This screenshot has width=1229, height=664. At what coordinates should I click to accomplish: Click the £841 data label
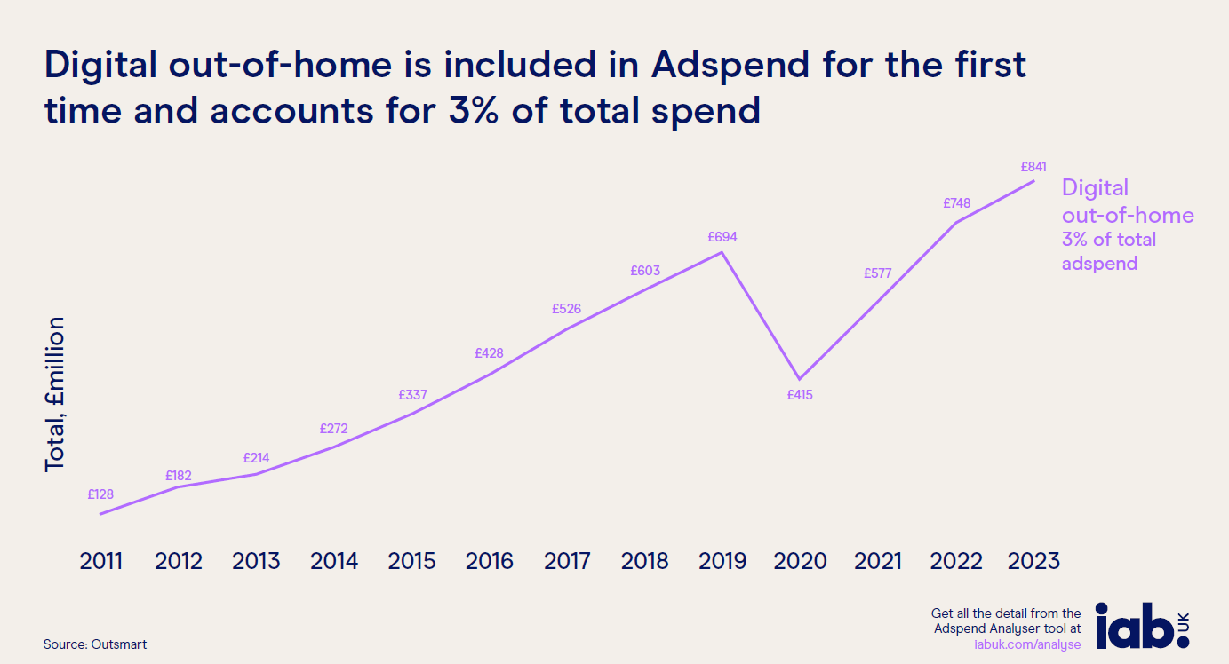1033,166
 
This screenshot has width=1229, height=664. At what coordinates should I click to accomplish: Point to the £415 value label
800,395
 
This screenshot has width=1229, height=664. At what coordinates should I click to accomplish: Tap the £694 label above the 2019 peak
722,237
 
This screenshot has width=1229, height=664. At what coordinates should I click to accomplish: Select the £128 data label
100,494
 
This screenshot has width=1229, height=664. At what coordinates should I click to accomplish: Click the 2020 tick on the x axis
800,561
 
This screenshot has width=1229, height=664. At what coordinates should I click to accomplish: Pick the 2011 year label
100,561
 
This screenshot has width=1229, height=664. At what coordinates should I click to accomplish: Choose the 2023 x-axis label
1033,561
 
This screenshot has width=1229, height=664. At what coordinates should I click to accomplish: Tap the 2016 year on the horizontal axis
490,561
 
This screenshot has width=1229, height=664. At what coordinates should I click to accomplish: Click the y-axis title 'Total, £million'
55,393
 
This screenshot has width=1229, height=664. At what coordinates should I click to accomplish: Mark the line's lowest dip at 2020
800,379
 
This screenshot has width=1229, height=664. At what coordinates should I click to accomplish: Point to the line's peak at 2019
722,252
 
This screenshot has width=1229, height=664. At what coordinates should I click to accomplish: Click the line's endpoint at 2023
1033,181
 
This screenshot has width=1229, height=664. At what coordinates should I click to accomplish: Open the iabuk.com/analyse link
1027,644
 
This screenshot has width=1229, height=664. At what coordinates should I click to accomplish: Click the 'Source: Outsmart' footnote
95,644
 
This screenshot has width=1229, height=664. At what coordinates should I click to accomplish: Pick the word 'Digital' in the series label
1095,188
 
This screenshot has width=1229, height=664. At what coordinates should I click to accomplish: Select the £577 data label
877,273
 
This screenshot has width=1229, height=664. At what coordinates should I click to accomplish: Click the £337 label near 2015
412,394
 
